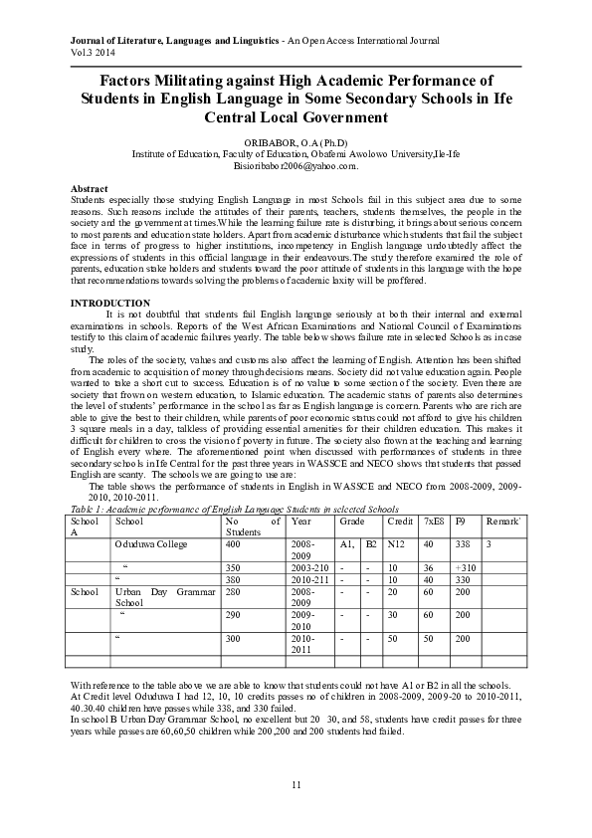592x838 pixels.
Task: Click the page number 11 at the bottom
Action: pos(296,785)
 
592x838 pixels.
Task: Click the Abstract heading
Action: pos(91,188)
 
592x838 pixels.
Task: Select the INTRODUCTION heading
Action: pos(109,303)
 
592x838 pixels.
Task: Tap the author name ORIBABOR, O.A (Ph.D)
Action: pos(296,142)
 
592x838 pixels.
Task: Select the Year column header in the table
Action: pos(300,521)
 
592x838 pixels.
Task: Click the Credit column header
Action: pos(400,521)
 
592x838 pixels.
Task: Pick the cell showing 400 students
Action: pos(235,544)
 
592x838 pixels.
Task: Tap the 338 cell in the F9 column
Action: pos(464,544)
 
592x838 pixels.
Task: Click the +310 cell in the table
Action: pos(466,566)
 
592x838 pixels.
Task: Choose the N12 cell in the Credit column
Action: pos(397,544)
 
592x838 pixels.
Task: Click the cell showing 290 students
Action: pos(235,615)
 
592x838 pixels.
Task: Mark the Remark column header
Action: pos(503,521)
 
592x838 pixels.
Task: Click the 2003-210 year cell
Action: pos(307,566)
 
